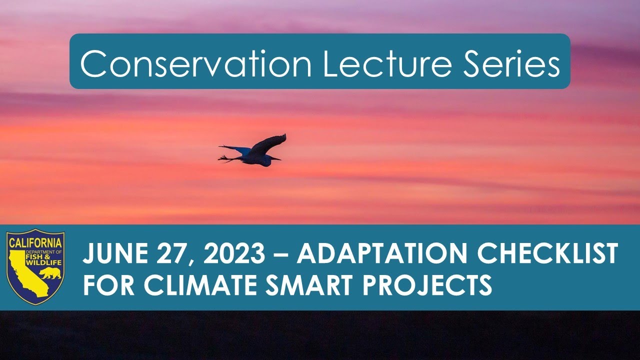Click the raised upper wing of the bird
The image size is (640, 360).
coord(270,143)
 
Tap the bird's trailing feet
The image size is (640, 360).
coord(223,158)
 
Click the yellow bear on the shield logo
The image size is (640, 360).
coord(50,273)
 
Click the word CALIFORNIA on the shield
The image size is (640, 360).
coord(35,241)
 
